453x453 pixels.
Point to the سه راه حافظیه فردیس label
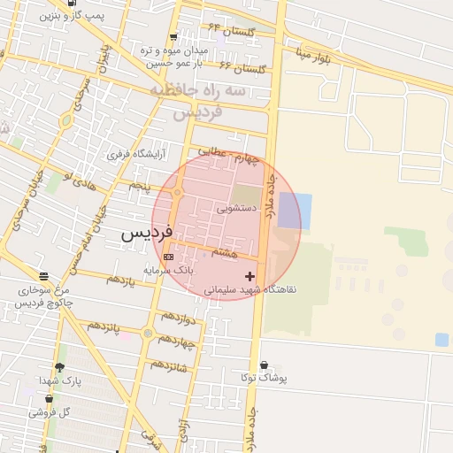click(x=209, y=102)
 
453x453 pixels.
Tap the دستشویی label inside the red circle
click(x=237, y=209)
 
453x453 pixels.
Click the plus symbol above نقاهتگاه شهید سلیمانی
click(x=250, y=277)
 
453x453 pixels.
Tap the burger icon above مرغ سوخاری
click(x=43, y=277)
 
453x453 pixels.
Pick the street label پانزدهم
click(x=104, y=327)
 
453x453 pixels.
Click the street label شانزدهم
click(x=168, y=365)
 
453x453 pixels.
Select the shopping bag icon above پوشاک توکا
click(x=264, y=365)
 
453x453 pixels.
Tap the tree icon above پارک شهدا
click(x=59, y=367)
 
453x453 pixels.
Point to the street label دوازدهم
click(x=177, y=317)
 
